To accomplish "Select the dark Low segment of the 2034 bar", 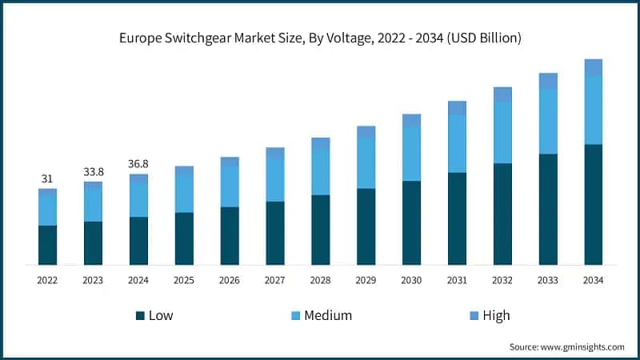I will [x=593, y=205].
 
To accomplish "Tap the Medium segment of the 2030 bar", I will [x=411, y=154].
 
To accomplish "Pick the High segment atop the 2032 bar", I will [x=502, y=94].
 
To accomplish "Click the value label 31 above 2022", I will [x=47, y=178].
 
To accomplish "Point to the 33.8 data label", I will [x=93, y=171].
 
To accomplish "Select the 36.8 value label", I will [x=138, y=164].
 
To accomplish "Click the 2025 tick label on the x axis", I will [x=184, y=280].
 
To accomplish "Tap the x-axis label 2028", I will [x=320, y=280].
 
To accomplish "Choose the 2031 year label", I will [x=457, y=280].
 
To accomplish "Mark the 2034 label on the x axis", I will [x=593, y=280].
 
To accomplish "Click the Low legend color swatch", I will [x=140, y=315].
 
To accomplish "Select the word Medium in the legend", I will [x=328, y=315].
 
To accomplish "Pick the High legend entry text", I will [x=496, y=315].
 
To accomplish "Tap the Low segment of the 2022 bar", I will [x=47, y=245].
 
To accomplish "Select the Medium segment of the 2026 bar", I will [x=230, y=186].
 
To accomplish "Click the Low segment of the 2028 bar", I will [x=320, y=230].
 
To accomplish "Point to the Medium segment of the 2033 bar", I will [x=548, y=121].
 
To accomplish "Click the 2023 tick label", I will [x=93, y=280].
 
